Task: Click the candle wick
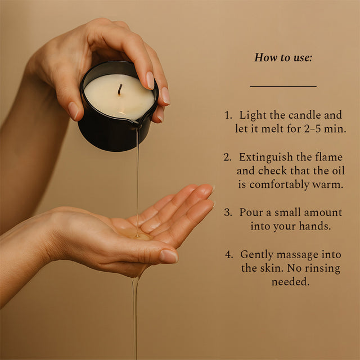pos(120,89)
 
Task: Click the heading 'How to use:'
pos(283,57)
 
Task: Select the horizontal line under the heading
pos(283,86)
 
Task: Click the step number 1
pos(228,115)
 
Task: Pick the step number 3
pos(228,213)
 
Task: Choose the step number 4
pos(229,255)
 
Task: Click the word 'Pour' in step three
pos(250,213)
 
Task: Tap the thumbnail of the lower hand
pos(168,256)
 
